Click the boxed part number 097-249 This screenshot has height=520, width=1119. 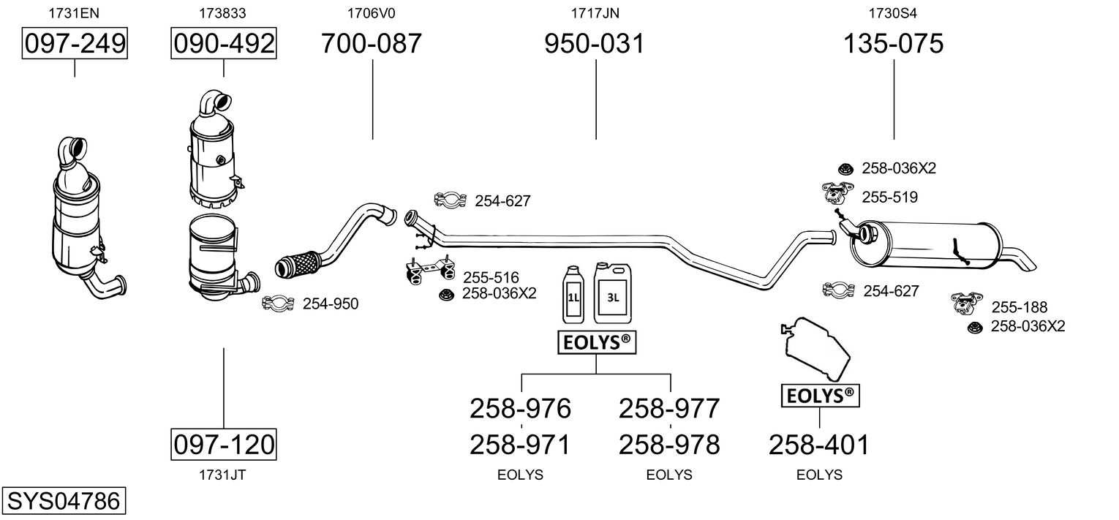pyautogui.click(x=75, y=44)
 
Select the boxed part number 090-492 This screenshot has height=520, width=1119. pyautogui.click(x=224, y=44)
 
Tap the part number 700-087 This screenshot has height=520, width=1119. pyautogui.click(x=372, y=44)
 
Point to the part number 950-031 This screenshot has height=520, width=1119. pyautogui.click(x=595, y=44)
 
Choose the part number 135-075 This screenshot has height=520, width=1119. pyautogui.click(x=894, y=44)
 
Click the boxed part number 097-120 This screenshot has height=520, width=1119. pyautogui.click(x=224, y=444)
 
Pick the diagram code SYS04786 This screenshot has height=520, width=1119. pyautogui.click(x=63, y=502)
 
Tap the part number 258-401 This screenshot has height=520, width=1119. pyautogui.click(x=819, y=444)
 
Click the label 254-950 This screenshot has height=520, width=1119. pyautogui.click(x=331, y=304)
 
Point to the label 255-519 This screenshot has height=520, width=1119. pyautogui.click(x=889, y=197)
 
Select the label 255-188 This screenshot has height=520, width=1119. pyautogui.click(x=1019, y=307)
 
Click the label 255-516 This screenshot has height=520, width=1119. pyautogui.click(x=490, y=277)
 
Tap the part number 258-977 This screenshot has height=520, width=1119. pyautogui.click(x=669, y=408)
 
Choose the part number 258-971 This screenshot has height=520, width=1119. pyautogui.click(x=520, y=444)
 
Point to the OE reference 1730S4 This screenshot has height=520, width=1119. pyautogui.click(x=893, y=12)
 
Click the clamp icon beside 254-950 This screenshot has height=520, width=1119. pyautogui.click(x=278, y=304)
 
